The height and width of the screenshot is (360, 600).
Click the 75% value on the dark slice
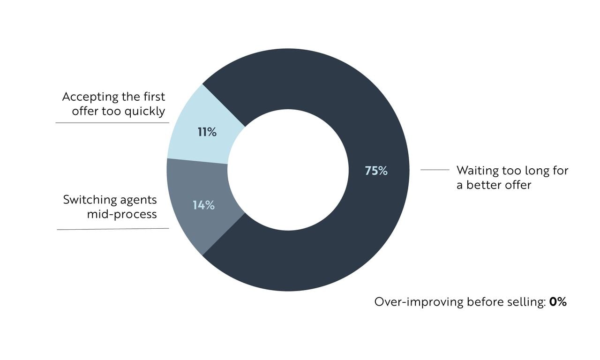coord(376,171)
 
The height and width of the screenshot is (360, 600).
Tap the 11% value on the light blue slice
coord(207,132)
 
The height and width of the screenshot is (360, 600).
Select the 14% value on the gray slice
coord(203,205)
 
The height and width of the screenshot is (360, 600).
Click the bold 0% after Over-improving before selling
coord(558,302)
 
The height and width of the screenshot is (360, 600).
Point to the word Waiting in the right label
coord(476,170)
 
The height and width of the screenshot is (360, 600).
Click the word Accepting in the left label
coord(90,97)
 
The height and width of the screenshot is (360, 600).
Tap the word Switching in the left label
coord(90,200)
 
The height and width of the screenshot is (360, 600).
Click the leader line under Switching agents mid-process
coord(112,229)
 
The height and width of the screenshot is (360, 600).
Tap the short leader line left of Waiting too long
coord(435,170)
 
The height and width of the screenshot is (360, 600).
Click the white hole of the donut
coord(288,170)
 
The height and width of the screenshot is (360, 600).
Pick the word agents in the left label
coord(138,200)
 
